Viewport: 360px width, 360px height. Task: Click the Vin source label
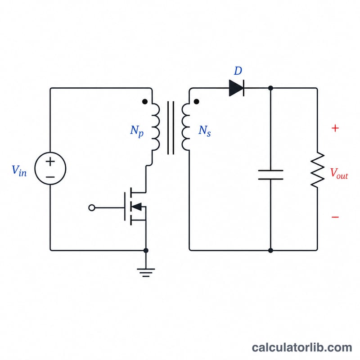pos(19,171)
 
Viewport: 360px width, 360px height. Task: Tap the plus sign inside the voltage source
pos(50,162)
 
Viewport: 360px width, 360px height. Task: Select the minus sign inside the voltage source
pos(50,177)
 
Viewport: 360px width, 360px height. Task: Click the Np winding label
pos(137,131)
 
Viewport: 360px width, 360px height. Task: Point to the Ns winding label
pos(205,131)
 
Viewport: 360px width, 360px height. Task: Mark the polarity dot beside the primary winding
pos(145,102)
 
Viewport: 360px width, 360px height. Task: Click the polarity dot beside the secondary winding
pos(196,102)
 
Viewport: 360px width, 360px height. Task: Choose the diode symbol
pos(237,88)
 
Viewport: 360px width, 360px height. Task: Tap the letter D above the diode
pos(238,71)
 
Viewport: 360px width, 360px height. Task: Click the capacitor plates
pos(271,175)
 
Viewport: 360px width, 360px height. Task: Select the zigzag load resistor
pos(318,170)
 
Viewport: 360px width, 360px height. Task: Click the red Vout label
pos(339,173)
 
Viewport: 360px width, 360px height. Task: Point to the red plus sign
pos(335,128)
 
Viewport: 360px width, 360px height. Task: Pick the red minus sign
pos(335,217)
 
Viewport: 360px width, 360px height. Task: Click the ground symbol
pos(146,273)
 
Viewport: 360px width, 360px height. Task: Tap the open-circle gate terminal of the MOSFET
pos(92,208)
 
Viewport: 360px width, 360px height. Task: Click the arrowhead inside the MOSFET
pos(137,207)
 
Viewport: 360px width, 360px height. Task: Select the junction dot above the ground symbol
pos(146,250)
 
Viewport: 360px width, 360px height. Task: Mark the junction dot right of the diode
pos(271,88)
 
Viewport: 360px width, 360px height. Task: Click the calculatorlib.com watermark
pos(302,347)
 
